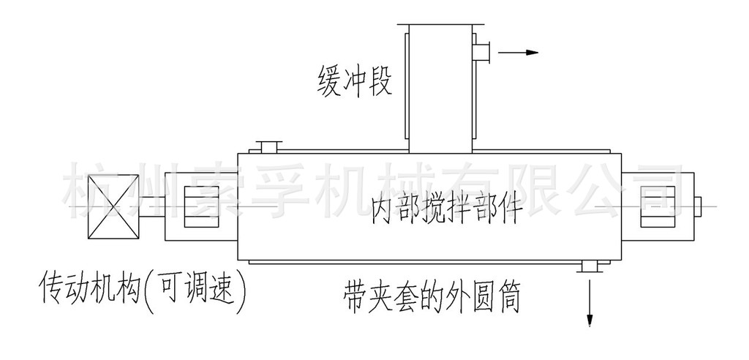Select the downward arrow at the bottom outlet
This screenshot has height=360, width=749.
click(589, 307)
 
